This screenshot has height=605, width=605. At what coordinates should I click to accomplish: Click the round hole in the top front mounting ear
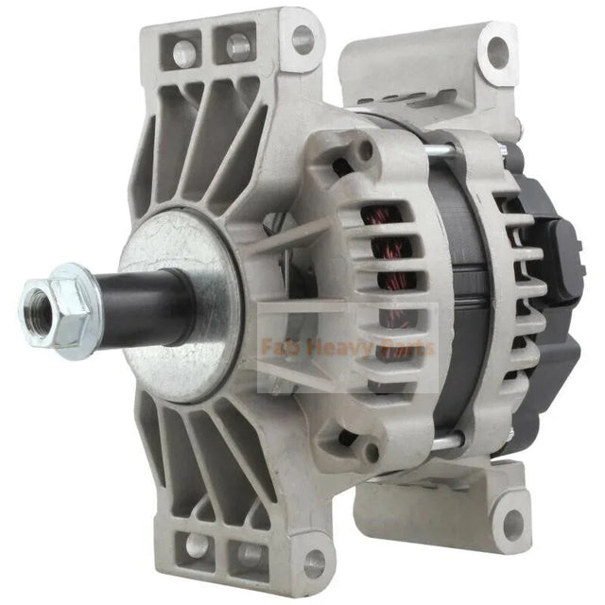click(x=302, y=40)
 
